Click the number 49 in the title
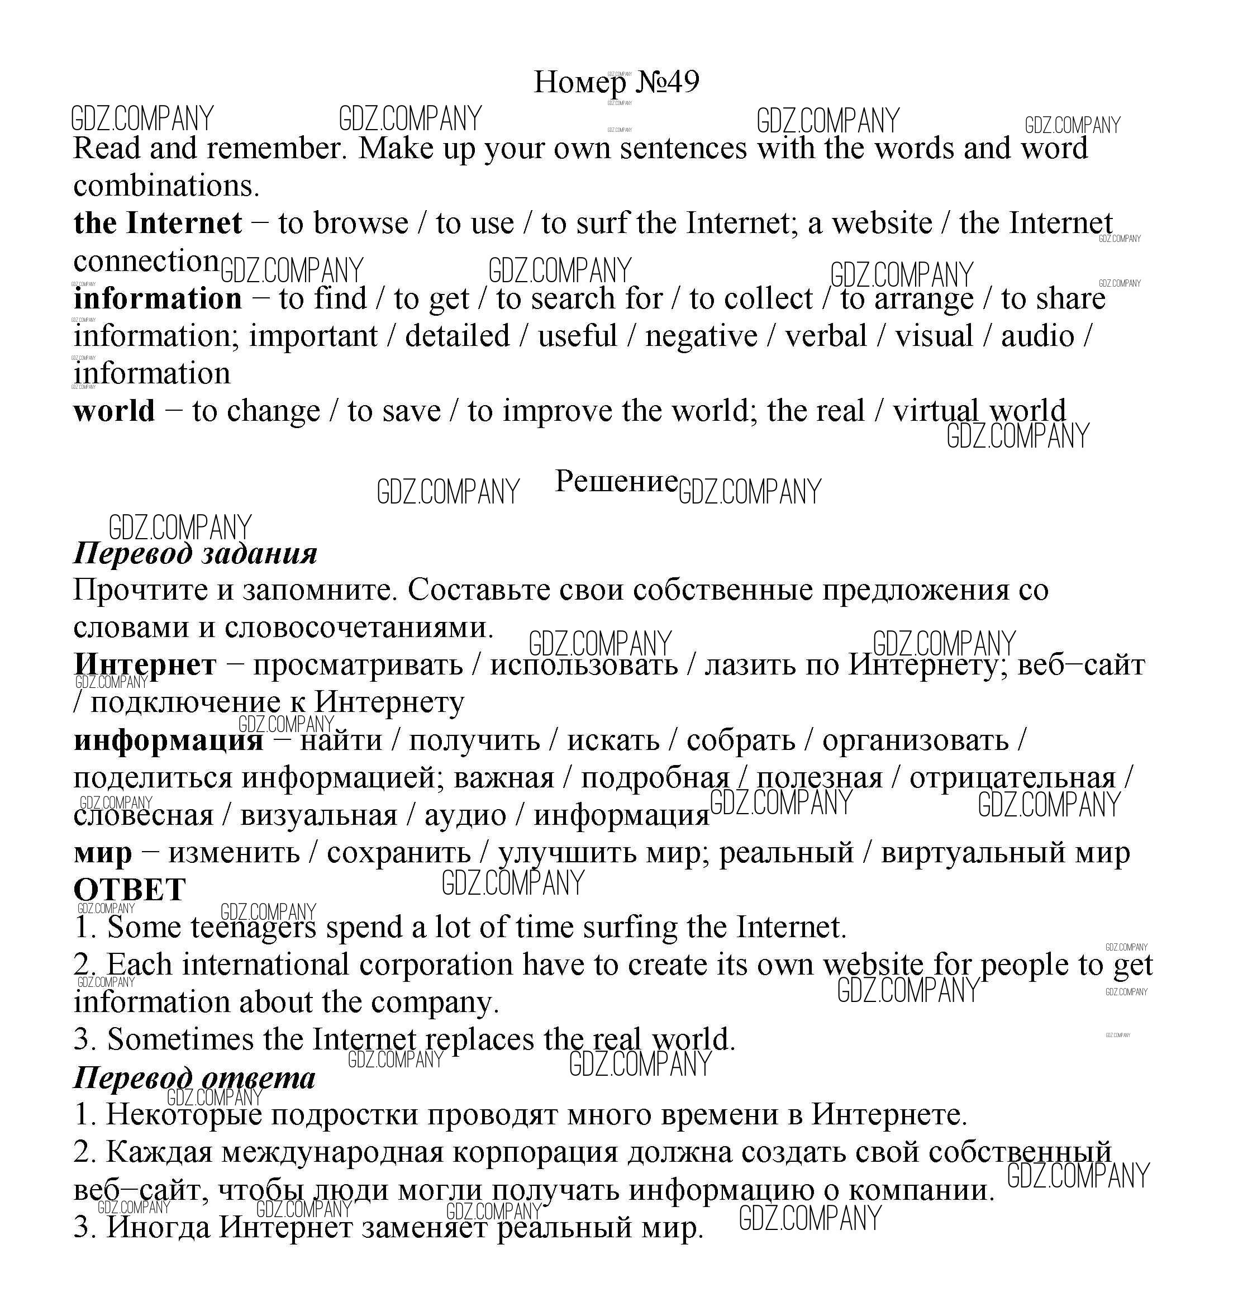tap(682, 82)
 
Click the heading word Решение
tap(616, 481)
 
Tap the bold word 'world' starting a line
tap(114, 411)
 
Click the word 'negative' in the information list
tap(701, 336)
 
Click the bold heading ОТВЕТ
tap(130, 890)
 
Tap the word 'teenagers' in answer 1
tap(254, 928)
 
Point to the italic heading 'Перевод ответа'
tap(194, 1078)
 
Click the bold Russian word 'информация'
tap(168, 740)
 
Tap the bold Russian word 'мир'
tap(102, 853)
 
